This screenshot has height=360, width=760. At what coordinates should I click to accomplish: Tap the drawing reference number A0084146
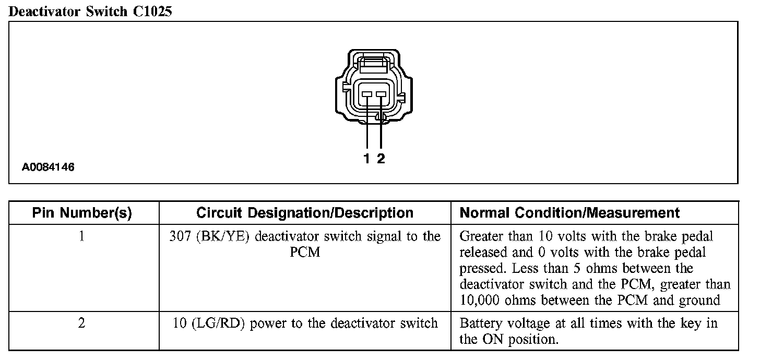point(48,167)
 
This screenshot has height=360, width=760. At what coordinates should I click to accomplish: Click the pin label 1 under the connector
point(367,159)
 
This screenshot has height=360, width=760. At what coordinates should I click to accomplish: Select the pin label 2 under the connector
point(381,159)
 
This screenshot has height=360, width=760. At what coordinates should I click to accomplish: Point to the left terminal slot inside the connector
point(367,94)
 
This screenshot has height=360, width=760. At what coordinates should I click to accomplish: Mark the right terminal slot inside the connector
point(381,94)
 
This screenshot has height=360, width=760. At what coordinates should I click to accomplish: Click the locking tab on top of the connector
point(374,65)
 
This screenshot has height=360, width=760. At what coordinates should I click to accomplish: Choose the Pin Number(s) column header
point(82,213)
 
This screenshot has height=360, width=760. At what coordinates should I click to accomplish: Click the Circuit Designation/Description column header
point(305,213)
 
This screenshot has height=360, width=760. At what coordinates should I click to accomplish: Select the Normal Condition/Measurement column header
point(569,213)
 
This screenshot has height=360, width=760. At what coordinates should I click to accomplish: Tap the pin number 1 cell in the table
point(82,236)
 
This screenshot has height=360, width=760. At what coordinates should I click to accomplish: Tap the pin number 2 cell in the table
point(82,323)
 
